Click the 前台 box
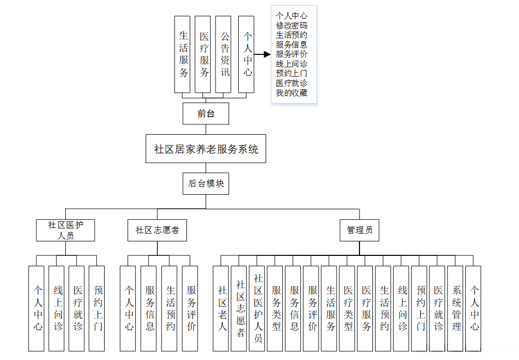pyautogui.click(x=206, y=113)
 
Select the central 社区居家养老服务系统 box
pyautogui.click(x=206, y=149)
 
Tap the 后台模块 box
pyautogui.click(x=206, y=183)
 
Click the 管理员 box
pyautogui.click(x=359, y=230)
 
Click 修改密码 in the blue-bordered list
pyautogui.click(x=292, y=25)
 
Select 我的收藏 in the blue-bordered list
pyautogui.click(x=292, y=93)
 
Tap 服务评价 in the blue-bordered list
pyautogui.click(x=292, y=54)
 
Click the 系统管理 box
pyautogui.click(x=455, y=308)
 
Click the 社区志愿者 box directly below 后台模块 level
pyautogui.click(x=157, y=230)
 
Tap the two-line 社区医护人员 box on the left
pyautogui.click(x=65, y=230)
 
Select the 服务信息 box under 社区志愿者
pyautogui.click(x=149, y=308)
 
